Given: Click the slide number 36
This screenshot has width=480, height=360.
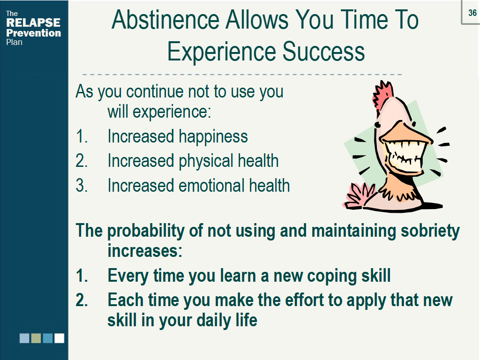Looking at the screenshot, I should pos(472,13).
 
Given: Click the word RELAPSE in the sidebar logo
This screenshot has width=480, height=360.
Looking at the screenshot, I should pos(33,23).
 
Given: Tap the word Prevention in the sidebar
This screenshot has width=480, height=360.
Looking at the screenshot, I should pos(33,33).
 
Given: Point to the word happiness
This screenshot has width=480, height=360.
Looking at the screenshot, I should pos(213,136).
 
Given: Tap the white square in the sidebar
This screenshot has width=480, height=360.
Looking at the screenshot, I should pos(59,338).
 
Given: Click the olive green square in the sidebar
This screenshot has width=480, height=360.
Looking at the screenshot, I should pos(36,338).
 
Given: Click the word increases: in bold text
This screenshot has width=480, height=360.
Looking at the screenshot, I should pos(144,251).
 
